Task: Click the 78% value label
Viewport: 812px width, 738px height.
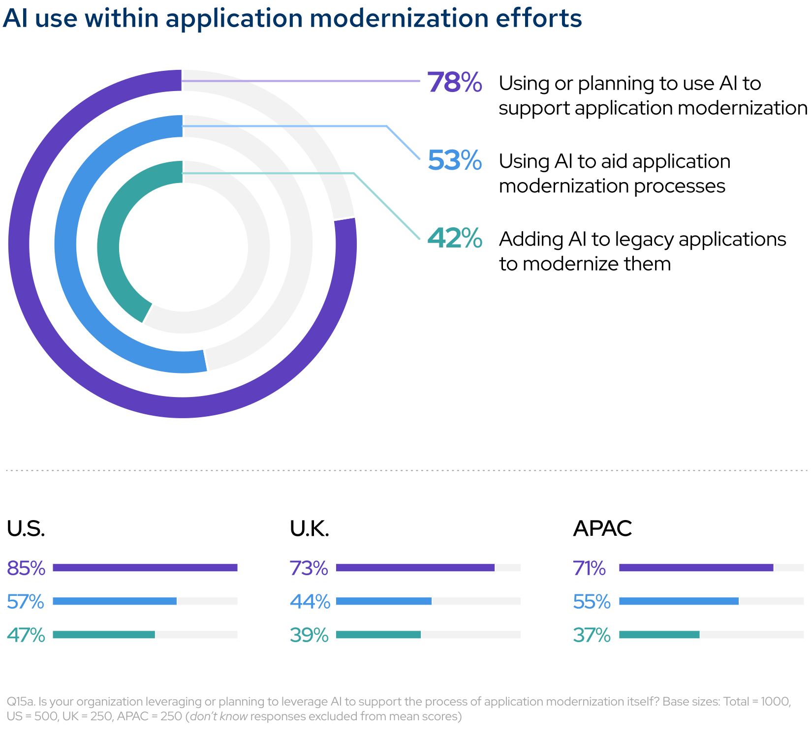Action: click(454, 83)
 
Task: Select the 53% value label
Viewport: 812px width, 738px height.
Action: click(454, 160)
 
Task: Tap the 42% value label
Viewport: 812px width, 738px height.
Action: click(454, 238)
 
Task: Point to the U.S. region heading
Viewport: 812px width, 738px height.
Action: click(26, 528)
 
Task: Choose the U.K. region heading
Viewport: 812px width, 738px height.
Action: click(309, 528)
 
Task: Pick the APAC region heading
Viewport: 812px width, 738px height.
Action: click(602, 528)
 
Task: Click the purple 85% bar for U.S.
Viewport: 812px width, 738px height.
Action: click(145, 568)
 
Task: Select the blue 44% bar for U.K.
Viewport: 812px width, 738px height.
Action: click(383, 601)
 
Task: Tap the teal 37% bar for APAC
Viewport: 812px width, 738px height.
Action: click(659, 635)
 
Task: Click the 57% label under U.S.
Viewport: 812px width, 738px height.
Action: click(26, 602)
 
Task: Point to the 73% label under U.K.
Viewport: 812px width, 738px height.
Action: click(309, 568)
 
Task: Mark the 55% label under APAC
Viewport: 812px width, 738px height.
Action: click(592, 602)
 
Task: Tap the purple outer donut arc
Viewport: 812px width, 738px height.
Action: click(20, 246)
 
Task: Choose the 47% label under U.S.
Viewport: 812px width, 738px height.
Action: click(26, 635)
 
